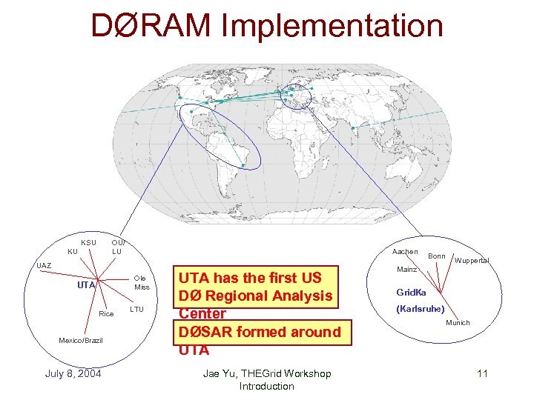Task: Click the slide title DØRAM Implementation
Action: click(x=267, y=25)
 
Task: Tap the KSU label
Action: click(x=88, y=243)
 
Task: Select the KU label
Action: click(x=72, y=252)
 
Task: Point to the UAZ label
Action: click(x=44, y=265)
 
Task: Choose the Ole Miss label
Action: click(x=142, y=283)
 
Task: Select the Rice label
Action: click(x=106, y=314)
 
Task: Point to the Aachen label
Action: click(x=405, y=252)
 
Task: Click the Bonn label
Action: click(x=437, y=256)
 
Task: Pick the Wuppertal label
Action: click(x=472, y=261)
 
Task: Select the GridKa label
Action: click(x=412, y=293)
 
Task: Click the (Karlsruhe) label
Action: click(x=421, y=308)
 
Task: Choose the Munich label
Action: click(x=458, y=323)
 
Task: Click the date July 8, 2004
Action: click(x=73, y=373)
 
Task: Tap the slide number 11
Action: click(x=482, y=373)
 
